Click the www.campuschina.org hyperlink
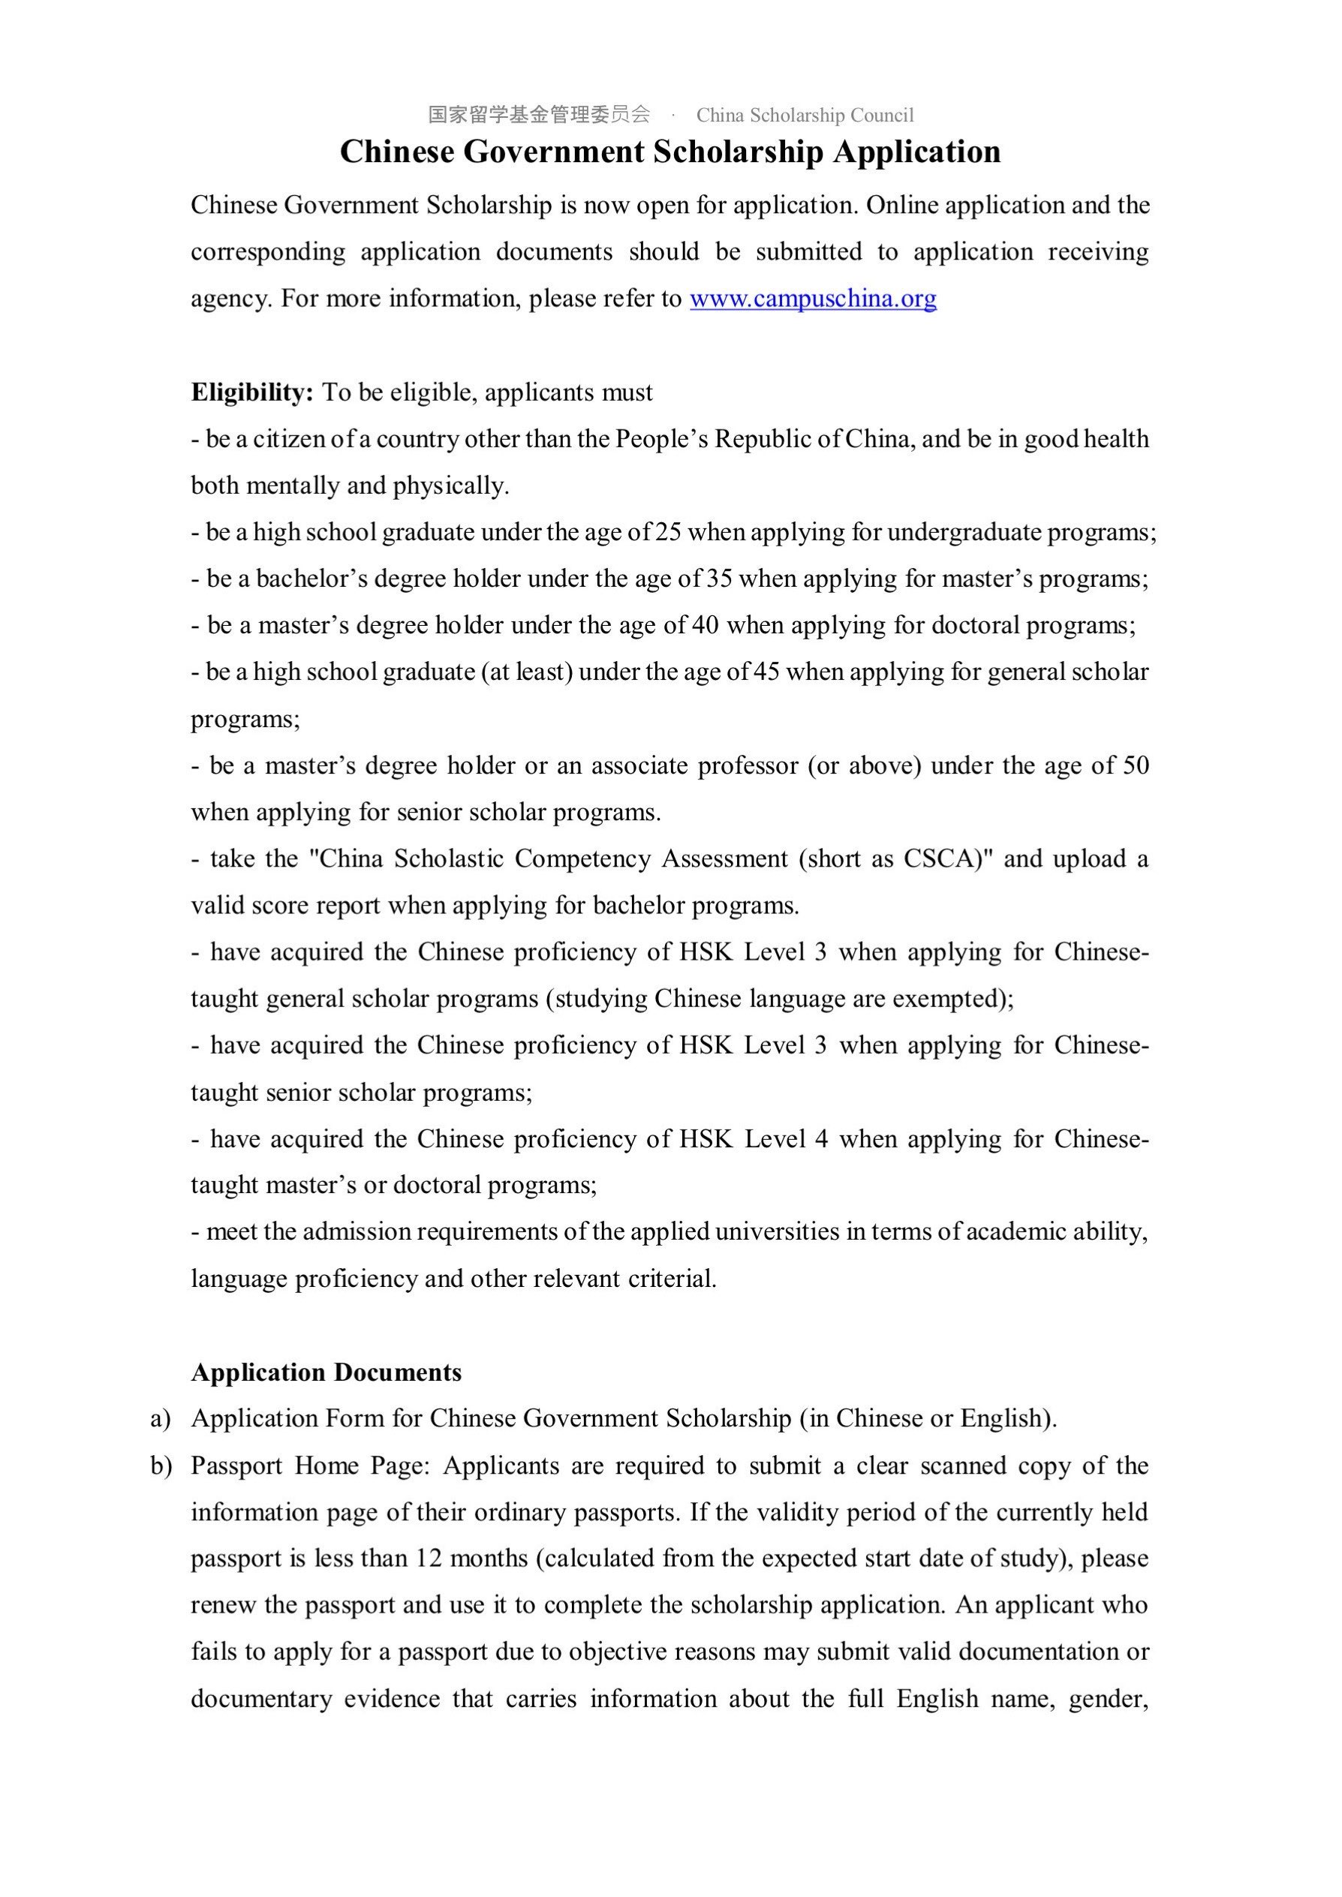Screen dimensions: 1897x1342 tap(813, 298)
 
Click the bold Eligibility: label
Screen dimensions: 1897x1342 tap(252, 392)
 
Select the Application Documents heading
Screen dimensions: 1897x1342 tap(326, 1372)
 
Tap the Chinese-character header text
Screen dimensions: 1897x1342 tap(539, 115)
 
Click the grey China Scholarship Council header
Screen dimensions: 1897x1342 tap(805, 115)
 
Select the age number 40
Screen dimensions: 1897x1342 tap(705, 625)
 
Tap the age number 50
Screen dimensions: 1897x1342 tap(1136, 765)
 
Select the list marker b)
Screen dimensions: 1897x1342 tap(161, 1466)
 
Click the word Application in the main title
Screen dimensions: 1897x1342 tap(916, 152)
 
